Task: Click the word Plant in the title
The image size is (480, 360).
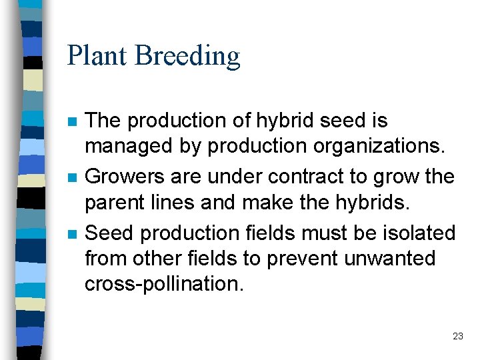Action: (x=98, y=55)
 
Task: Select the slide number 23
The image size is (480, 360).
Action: (x=457, y=337)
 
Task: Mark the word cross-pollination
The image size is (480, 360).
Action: (x=164, y=283)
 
